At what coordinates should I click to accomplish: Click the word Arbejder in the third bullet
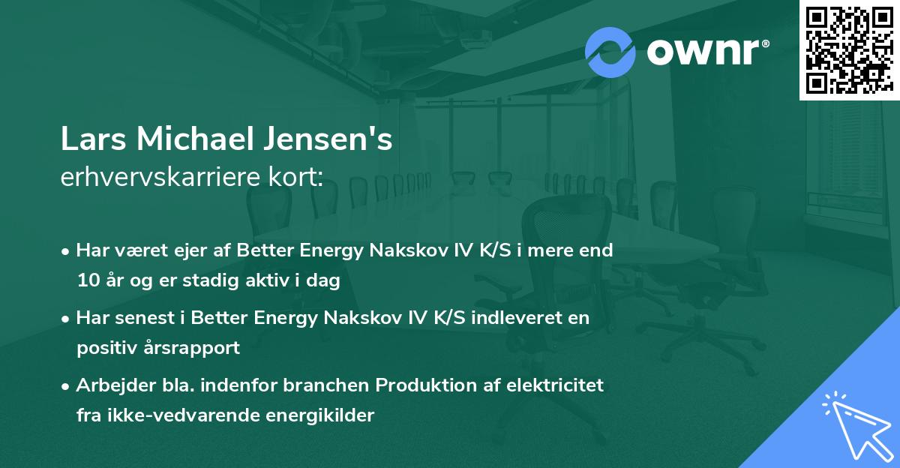109,385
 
